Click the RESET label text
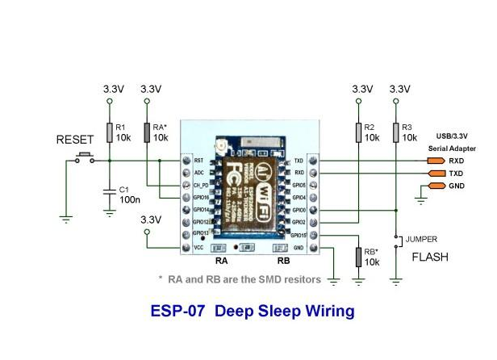(x=75, y=139)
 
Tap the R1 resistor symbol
(x=110, y=132)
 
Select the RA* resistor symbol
(x=147, y=132)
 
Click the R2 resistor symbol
(x=358, y=132)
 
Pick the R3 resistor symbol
(x=395, y=132)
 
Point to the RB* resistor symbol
(x=358, y=257)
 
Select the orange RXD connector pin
(x=435, y=160)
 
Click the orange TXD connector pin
(x=435, y=173)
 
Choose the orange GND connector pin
(x=435, y=186)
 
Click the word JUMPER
(x=422, y=240)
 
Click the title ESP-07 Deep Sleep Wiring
(x=253, y=310)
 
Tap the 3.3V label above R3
(x=399, y=88)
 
